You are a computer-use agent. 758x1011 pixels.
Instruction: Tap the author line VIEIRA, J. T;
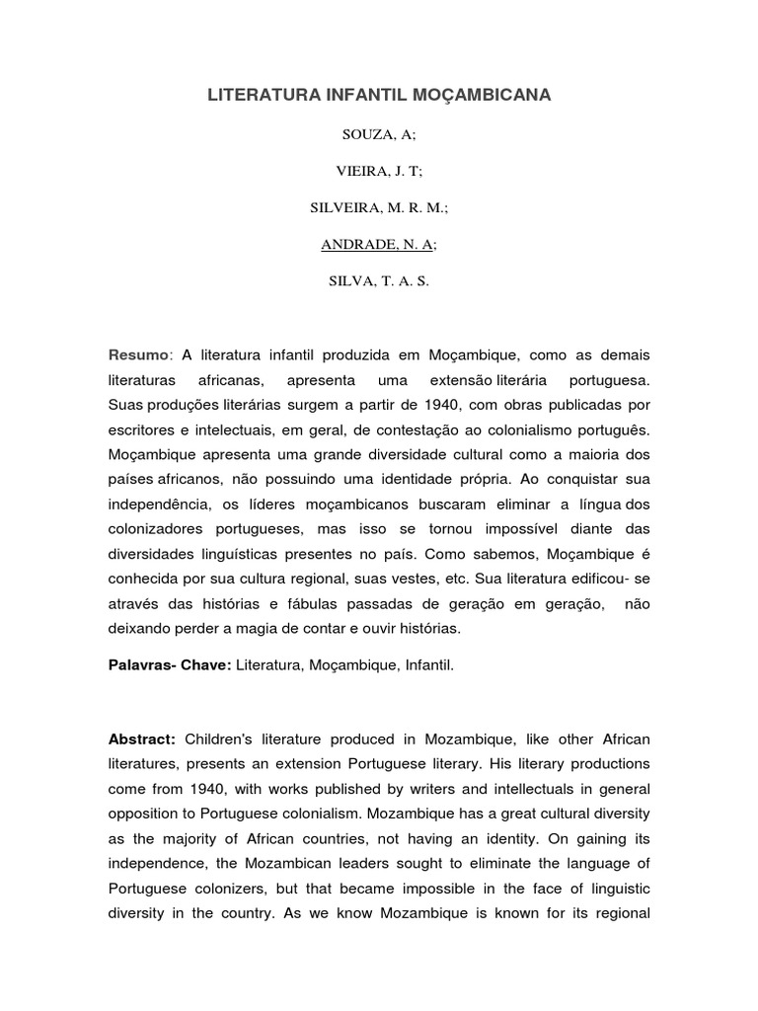379,170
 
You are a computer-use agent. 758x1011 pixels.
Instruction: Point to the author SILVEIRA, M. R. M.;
379,207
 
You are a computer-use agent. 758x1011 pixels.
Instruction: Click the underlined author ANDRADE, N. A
377,244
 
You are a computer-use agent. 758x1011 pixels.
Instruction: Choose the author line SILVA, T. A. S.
379,280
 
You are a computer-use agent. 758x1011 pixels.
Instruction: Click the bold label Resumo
139,354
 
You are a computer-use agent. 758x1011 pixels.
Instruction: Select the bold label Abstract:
142,739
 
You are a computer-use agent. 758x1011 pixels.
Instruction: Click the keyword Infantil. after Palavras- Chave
427,665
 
